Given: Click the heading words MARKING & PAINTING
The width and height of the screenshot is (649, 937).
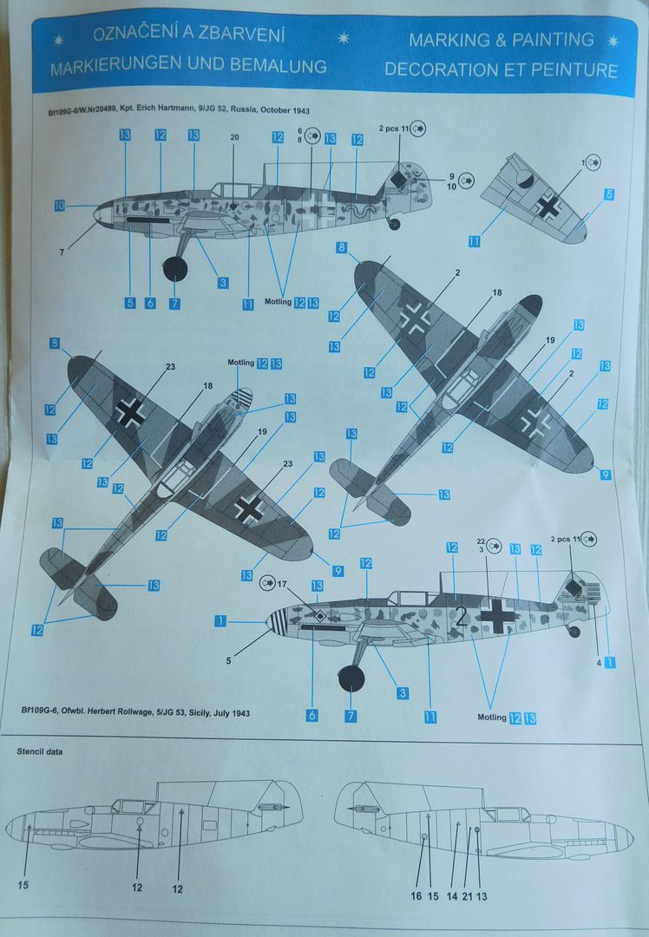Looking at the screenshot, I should (x=501, y=39).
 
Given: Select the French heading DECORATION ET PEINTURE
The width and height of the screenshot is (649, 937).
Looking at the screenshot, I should (x=501, y=69).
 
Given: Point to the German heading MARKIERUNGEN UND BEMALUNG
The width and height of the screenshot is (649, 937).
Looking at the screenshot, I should (x=188, y=67).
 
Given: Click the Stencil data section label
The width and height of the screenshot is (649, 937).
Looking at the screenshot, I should (x=39, y=751).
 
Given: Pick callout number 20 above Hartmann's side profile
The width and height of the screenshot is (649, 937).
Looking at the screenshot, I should (x=234, y=137).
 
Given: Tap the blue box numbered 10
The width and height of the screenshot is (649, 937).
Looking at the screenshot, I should (x=59, y=206).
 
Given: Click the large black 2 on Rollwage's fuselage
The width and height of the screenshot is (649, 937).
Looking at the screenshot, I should (x=461, y=616).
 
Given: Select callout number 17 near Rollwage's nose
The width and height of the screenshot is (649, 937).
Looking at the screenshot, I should (x=281, y=585).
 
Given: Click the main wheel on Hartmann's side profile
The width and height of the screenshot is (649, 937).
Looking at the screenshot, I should (x=175, y=270).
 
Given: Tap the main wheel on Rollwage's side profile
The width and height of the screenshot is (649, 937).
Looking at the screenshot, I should (x=351, y=679).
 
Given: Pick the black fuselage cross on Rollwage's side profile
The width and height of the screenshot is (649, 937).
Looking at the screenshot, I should (x=498, y=614).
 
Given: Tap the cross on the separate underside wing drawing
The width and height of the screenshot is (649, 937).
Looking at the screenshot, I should (x=548, y=205).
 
